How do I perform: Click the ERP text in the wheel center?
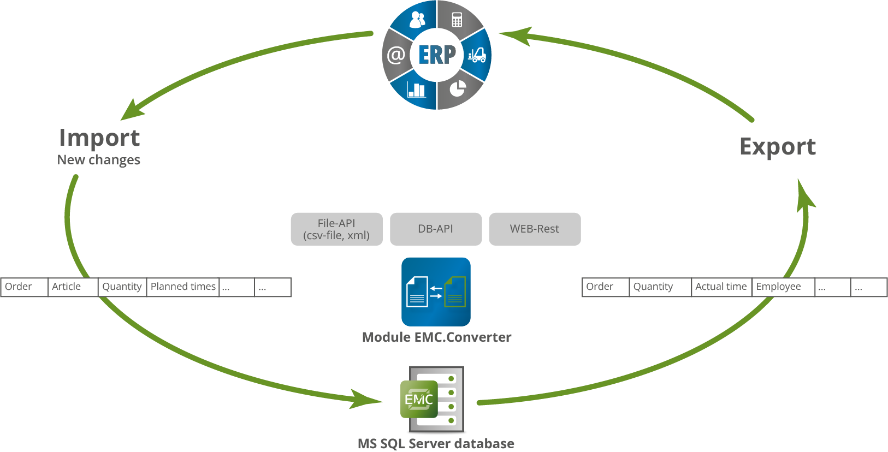tap(437, 55)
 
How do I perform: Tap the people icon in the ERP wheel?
tap(417, 20)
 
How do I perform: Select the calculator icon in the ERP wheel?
tap(457, 21)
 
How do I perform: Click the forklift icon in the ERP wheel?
tap(477, 55)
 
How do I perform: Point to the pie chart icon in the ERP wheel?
tap(458, 88)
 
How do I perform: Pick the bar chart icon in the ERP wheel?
tap(417, 89)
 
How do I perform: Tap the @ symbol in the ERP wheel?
tap(396, 55)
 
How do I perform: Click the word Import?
tap(99, 138)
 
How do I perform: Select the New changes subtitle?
tap(99, 160)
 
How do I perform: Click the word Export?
tap(777, 146)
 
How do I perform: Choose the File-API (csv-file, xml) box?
tap(336, 229)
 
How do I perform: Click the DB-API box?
tap(436, 229)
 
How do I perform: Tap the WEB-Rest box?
tap(535, 229)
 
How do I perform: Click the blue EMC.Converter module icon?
tap(436, 292)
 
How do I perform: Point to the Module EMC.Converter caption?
tap(437, 337)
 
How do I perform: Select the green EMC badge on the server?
tap(419, 400)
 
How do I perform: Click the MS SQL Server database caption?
tap(436, 443)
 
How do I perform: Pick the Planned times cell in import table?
tap(183, 287)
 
